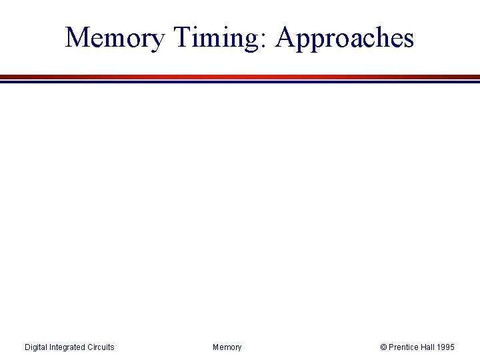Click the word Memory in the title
click(115, 38)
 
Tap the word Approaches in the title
click(345, 38)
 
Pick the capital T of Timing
click(183, 37)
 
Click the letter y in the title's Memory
click(157, 41)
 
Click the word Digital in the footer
click(37, 347)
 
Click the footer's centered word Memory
click(227, 347)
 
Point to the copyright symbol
click(383, 347)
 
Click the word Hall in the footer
click(428, 347)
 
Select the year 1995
click(446, 347)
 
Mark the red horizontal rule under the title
click(240, 77)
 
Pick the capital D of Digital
click(27, 347)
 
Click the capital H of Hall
click(423, 347)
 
